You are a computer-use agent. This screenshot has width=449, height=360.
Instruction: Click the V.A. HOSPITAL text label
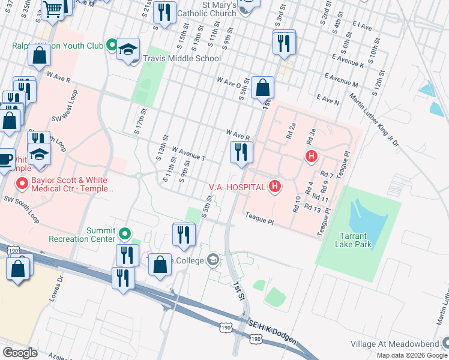[x=237, y=187]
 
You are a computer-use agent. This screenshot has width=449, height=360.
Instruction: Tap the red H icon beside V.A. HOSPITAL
[x=275, y=187]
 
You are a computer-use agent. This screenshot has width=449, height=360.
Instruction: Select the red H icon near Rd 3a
[x=311, y=157]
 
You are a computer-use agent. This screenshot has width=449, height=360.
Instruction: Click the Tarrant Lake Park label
[x=354, y=239]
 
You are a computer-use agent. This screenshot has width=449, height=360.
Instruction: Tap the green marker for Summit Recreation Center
[x=125, y=233]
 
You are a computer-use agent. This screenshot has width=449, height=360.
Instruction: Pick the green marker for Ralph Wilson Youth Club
[x=112, y=44]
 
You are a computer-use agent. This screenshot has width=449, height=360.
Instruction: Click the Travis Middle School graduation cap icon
[x=128, y=49]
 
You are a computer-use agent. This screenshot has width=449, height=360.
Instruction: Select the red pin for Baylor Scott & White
[x=23, y=183]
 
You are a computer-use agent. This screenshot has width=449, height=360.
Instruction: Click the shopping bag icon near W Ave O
[x=263, y=87]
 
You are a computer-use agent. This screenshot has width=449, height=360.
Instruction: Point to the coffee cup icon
[x=5, y=159]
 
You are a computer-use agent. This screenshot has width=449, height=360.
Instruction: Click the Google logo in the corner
[x=20, y=352]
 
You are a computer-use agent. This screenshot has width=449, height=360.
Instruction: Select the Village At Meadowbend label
[x=394, y=344]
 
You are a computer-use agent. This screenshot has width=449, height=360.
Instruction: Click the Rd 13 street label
[x=313, y=208]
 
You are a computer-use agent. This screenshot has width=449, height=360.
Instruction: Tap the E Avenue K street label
[x=344, y=63]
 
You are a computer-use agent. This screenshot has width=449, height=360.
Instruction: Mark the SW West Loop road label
[x=66, y=106]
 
